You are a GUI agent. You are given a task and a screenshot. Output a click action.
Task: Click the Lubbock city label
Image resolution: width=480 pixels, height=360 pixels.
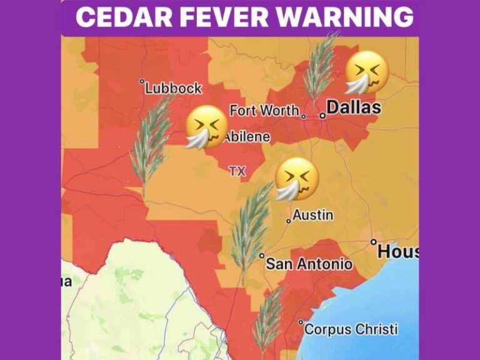click(x=173, y=88)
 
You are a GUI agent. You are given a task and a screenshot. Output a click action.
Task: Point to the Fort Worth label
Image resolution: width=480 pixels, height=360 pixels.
click(x=264, y=111)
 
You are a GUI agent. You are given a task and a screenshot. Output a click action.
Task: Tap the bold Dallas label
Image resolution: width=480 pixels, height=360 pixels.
click(x=354, y=107)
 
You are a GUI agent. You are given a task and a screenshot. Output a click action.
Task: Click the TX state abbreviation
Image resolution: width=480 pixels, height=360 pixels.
click(x=237, y=171)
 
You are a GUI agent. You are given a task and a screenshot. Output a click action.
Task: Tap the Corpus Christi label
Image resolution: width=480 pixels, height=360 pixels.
click(x=351, y=329)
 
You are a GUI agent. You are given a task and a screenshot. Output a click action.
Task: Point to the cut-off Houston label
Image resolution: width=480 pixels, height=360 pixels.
click(x=398, y=251)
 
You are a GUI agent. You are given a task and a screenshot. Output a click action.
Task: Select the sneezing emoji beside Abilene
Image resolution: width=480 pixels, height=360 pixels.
click(x=207, y=127)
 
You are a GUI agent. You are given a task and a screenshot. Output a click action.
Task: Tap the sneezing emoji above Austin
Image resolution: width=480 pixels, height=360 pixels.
click(x=297, y=179)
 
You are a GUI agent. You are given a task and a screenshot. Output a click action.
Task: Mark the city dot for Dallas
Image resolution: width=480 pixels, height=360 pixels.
click(x=323, y=115)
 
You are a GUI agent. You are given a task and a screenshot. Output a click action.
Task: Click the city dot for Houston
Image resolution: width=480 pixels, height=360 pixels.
click(x=374, y=242)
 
